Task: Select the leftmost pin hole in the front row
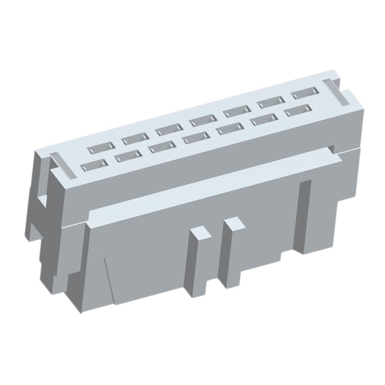(91, 166)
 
